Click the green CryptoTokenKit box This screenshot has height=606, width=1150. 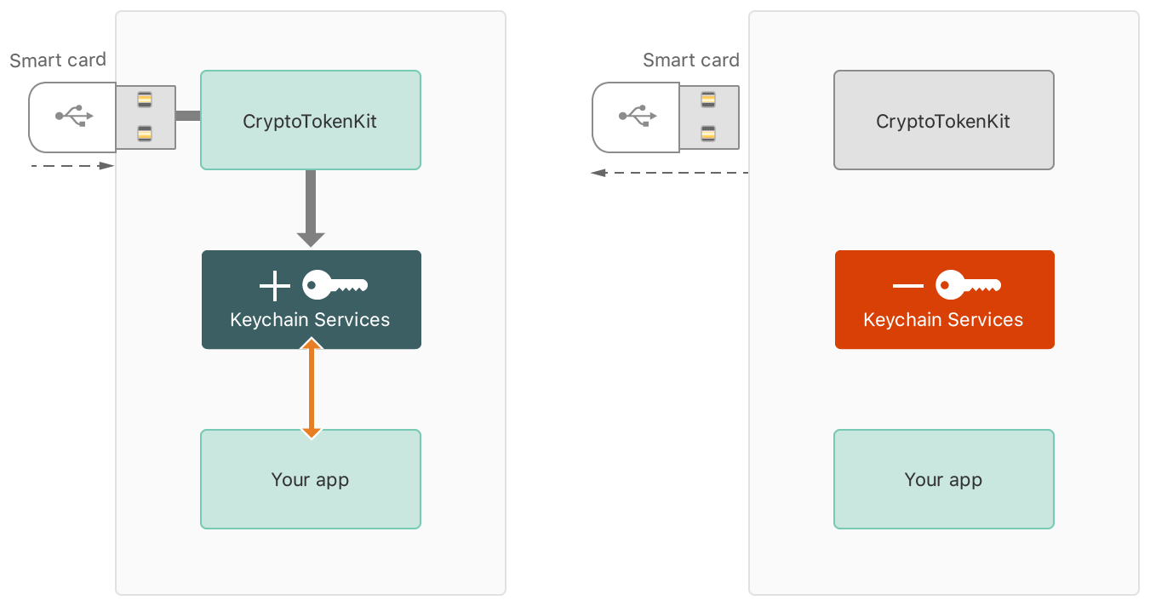pyautogui.click(x=310, y=120)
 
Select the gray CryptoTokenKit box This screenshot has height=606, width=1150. pyautogui.click(x=943, y=120)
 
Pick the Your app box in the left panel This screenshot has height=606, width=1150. pyautogui.click(x=310, y=479)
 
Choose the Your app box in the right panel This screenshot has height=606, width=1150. pyautogui.click(x=943, y=479)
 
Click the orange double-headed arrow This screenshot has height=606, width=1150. pyautogui.click(x=312, y=388)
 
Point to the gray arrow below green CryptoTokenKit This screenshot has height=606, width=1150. pyautogui.click(x=311, y=209)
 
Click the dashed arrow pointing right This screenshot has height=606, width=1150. pyautogui.click(x=72, y=165)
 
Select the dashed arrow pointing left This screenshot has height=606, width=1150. pyautogui.click(x=669, y=173)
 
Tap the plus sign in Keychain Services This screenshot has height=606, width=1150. pyautogui.click(x=275, y=286)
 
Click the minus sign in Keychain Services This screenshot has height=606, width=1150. pyautogui.click(x=908, y=286)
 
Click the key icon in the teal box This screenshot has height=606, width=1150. pyautogui.click(x=335, y=286)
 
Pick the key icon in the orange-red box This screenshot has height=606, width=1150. pyautogui.click(x=968, y=286)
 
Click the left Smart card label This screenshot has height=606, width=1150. pyautogui.click(x=58, y=60)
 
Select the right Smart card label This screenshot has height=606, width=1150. pyautogui.click(x=691, y=60)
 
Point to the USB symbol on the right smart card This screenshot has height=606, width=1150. pyautogui.click(x=637, y=116)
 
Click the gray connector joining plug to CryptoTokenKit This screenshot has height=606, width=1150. pyautogui.click(x=187, y=116)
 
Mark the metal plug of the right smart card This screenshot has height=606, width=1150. pyautogui.click(x=708, y=117)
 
